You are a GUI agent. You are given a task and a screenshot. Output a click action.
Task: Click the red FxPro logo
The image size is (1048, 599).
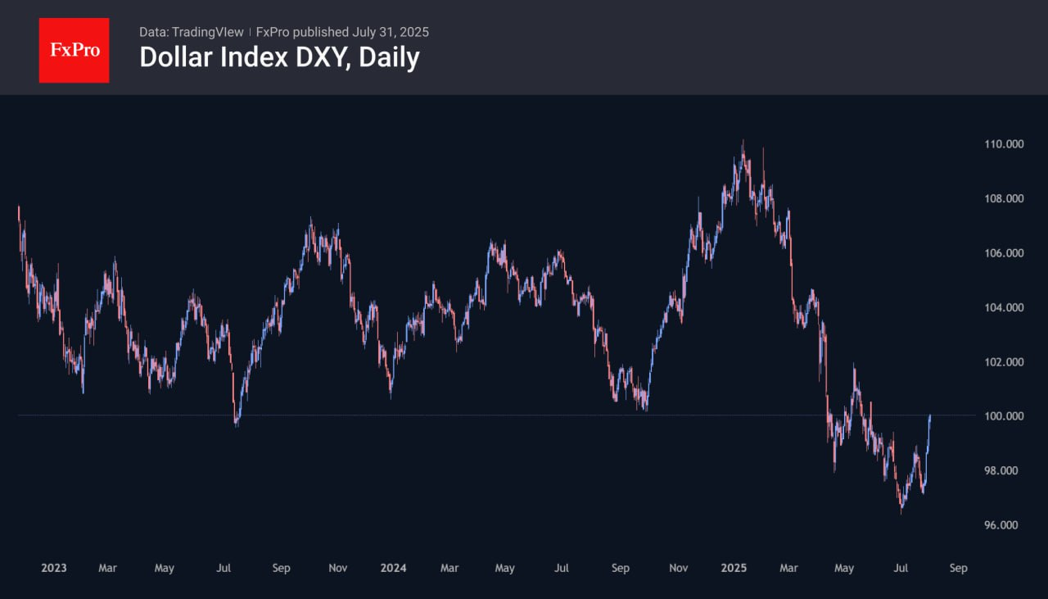(74, 50)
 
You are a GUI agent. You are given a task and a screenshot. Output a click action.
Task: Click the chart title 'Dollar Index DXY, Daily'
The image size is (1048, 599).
(279, 57)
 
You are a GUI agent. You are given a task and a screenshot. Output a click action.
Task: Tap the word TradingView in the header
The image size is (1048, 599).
(207, 32)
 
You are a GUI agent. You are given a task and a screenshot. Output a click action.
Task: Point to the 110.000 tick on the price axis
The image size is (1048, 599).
(1004, 144)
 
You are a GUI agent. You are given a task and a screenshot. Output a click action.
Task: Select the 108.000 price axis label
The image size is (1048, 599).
(1004, 198)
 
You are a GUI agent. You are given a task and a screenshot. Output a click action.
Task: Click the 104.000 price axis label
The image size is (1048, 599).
(1004, 307)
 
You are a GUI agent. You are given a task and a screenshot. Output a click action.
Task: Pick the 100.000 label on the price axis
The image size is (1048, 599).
(1004, 416)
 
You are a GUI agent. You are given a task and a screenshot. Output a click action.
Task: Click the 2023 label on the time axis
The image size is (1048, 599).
(54, 568)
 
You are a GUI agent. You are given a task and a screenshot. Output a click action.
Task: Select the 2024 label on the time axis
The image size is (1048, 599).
(393, 568)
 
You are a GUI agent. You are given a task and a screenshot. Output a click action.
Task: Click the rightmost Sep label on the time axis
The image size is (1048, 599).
(958, 568)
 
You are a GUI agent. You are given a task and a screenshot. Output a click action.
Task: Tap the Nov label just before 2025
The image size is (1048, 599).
(678, 568)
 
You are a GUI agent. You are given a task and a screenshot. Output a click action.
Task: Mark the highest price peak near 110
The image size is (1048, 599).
(743, 143)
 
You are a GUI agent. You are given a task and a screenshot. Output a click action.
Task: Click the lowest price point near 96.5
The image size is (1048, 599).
(901, 511)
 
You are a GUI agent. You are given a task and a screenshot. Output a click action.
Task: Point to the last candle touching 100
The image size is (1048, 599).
(930, 417)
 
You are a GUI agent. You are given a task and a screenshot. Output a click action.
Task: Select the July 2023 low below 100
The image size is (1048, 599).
(237, 424)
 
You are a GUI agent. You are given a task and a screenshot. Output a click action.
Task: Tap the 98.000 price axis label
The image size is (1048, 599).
(1004, 470)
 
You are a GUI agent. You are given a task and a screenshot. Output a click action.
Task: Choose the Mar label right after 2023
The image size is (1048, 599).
(107, 568)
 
